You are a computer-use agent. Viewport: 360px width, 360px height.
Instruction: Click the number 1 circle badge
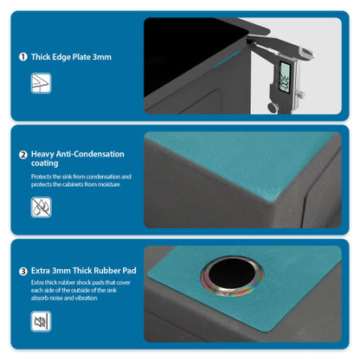(22, 57)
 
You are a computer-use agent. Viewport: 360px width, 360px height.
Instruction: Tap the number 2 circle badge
(22, 155)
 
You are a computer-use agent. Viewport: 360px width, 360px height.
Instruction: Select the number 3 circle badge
(22, 271)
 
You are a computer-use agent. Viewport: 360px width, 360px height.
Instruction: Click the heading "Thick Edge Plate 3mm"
(71, 57)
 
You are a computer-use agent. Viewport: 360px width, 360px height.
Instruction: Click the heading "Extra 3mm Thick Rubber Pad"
(84, 271)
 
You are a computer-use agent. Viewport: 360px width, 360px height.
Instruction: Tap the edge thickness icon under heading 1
(41, 83)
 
